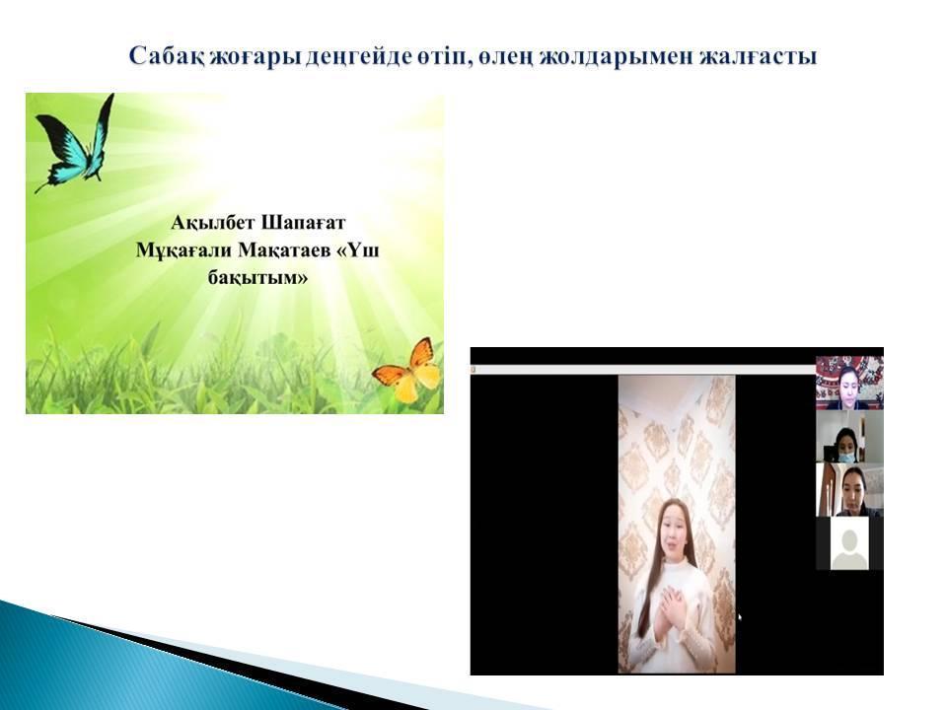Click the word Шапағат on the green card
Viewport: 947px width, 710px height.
click(x=303, y=224)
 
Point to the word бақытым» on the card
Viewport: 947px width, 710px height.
click(x=257, y=278)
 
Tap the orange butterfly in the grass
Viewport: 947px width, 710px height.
click(x=407, y=370)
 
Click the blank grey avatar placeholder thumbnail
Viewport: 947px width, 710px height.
click(x=849, y=543)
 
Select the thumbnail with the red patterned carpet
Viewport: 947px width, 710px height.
click(x=849, y=383)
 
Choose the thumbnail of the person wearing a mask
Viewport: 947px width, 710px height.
click(x=849, y=437)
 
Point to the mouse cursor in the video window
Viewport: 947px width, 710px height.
click(x=740, y=617)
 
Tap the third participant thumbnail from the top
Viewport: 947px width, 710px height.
click(x=849, y=490)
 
